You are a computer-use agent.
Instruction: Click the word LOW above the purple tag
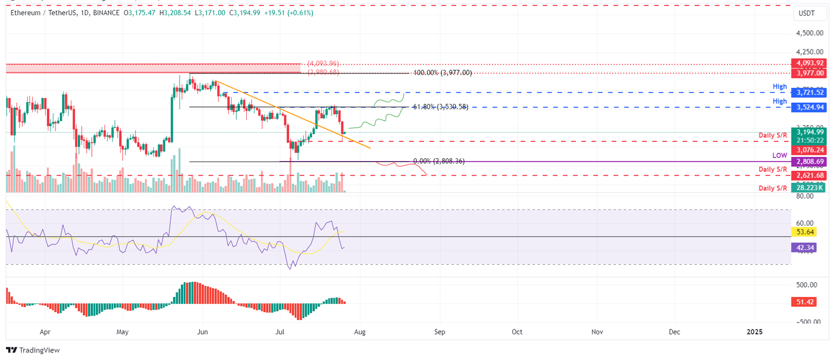tap(780, 156)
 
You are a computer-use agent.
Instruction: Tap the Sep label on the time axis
tap(440, 331)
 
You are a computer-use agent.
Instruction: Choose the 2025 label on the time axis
tap(755, 331)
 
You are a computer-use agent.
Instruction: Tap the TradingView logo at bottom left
tap(33, 350)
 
